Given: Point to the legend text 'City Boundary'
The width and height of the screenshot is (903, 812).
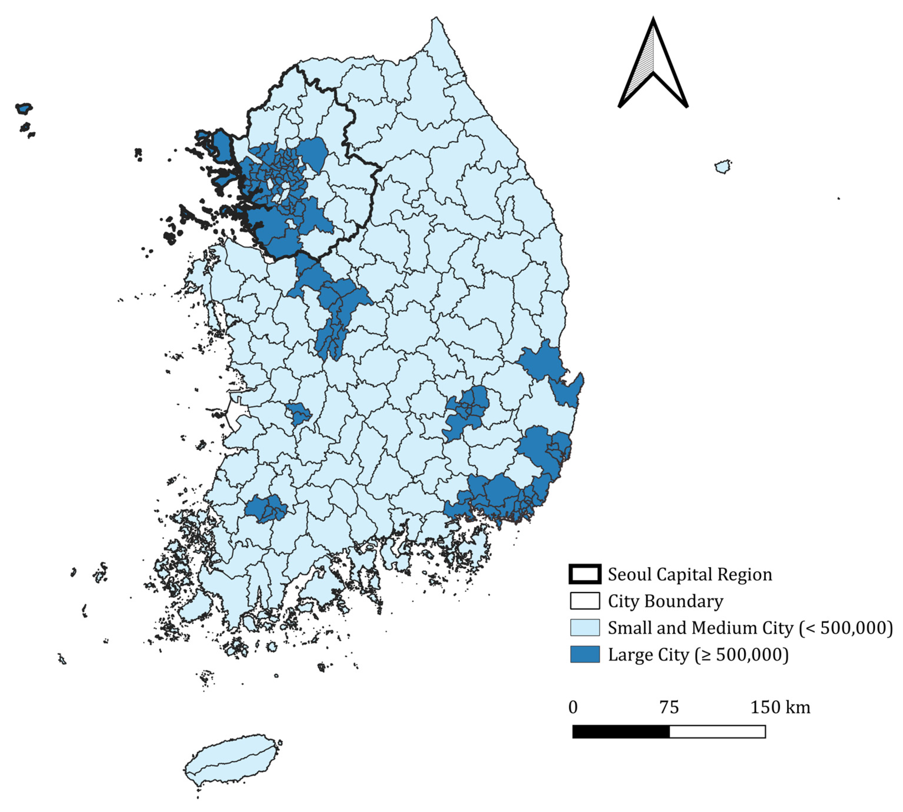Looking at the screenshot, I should tap(665, 601).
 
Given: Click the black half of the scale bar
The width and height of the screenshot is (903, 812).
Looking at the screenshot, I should tap(621, 732).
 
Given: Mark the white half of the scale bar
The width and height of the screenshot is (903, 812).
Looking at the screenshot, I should tap(717, 732).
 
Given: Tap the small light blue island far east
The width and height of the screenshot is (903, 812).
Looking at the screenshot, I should tap(723, 166).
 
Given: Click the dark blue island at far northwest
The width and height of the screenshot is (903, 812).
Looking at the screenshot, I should tap(24, 108).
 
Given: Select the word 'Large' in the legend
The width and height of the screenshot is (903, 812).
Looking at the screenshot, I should tap(626, 655).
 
